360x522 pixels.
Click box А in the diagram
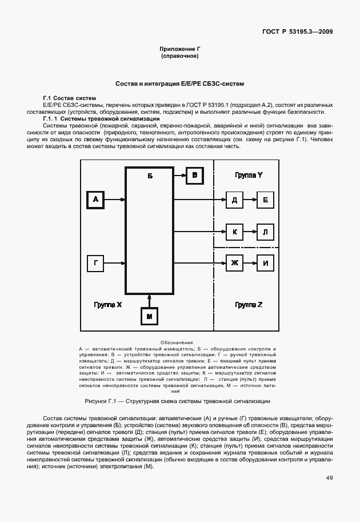coord(95,200)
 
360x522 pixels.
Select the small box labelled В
coord(194,176)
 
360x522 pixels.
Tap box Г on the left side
coord(95,263)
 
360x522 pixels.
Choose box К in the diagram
coord(234,232)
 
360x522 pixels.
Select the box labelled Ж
coord(234,263)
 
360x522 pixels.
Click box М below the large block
coord(150,316)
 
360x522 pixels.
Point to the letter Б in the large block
coord(150,176)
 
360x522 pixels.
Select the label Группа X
coord(108,305)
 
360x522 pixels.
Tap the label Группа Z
coord(249,305)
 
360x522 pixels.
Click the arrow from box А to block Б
coord(115,200)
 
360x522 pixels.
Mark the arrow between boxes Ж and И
coord(250,263)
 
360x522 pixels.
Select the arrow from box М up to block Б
coord(150,300)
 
